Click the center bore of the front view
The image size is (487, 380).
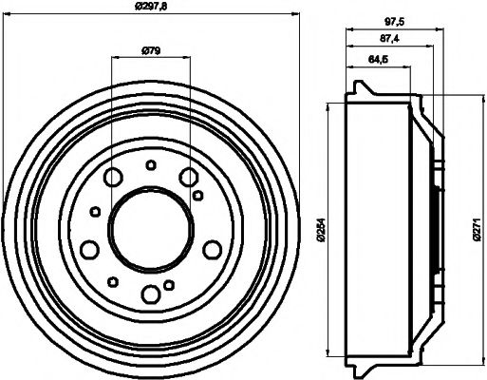point(150,225)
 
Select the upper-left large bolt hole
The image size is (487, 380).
point(113,176)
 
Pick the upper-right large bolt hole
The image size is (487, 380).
point(188,176)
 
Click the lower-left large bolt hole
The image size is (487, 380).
point(90,249)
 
